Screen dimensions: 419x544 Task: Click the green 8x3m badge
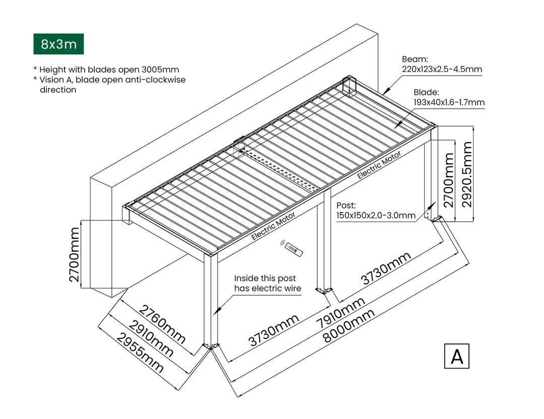coord(58,44)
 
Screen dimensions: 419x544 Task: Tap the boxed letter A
coord(457,356)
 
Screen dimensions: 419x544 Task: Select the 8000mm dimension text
coord(349,326)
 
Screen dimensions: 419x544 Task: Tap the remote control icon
coord(292,248)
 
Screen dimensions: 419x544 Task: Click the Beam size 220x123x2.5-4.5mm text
coord(442,69)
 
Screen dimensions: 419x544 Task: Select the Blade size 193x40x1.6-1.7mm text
coord(449,102)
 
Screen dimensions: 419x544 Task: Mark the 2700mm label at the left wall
coord(75,254)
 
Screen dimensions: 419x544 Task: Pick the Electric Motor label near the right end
coord(379,165)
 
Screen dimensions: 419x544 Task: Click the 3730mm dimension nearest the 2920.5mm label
coord(386,268)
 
